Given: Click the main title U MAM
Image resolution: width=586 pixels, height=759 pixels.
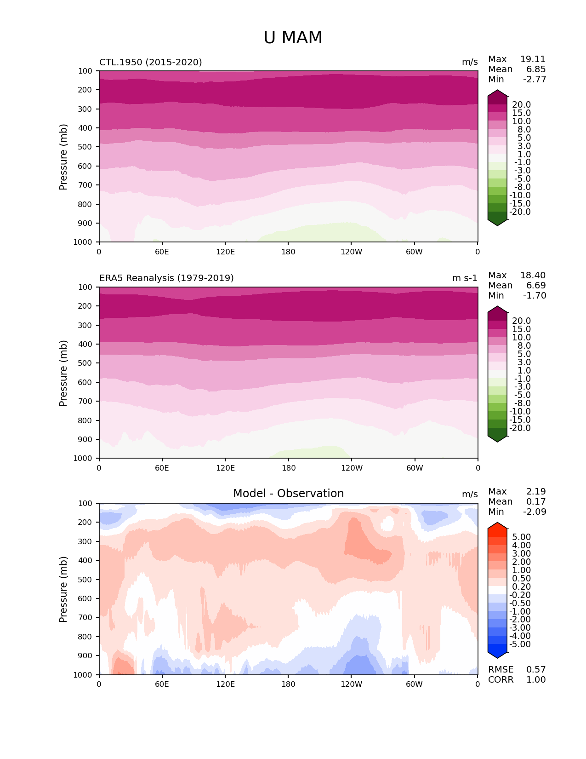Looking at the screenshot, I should (293, 38).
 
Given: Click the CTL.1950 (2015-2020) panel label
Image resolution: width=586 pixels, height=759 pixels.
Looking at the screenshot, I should (150, 62).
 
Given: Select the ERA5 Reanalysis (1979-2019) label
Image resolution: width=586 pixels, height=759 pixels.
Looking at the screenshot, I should (166, 278).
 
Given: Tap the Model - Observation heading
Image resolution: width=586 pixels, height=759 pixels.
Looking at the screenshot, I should (288, 494).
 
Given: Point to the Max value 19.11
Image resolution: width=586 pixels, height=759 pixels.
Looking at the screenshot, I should (533, 59).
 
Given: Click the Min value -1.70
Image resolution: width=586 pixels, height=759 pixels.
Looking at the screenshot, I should (535, 296).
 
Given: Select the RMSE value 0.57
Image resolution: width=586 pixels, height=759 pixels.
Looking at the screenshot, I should (536, 670).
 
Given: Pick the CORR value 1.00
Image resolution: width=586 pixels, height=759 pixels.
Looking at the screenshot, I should (536, 680).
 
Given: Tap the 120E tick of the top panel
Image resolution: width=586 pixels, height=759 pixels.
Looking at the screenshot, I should (225, 252).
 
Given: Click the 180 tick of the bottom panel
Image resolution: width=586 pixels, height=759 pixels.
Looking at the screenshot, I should (288, 684).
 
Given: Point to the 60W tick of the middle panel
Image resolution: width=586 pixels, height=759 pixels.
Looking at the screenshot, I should (415, 468).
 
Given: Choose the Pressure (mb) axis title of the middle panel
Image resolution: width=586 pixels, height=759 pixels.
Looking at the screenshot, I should (63, 373).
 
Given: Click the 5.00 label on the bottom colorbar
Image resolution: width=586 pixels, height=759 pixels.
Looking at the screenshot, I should (521, 537).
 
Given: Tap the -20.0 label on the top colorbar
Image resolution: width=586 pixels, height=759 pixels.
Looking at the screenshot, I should (520, 212).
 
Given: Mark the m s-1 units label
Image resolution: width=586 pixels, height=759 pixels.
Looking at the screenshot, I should (465, 278).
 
